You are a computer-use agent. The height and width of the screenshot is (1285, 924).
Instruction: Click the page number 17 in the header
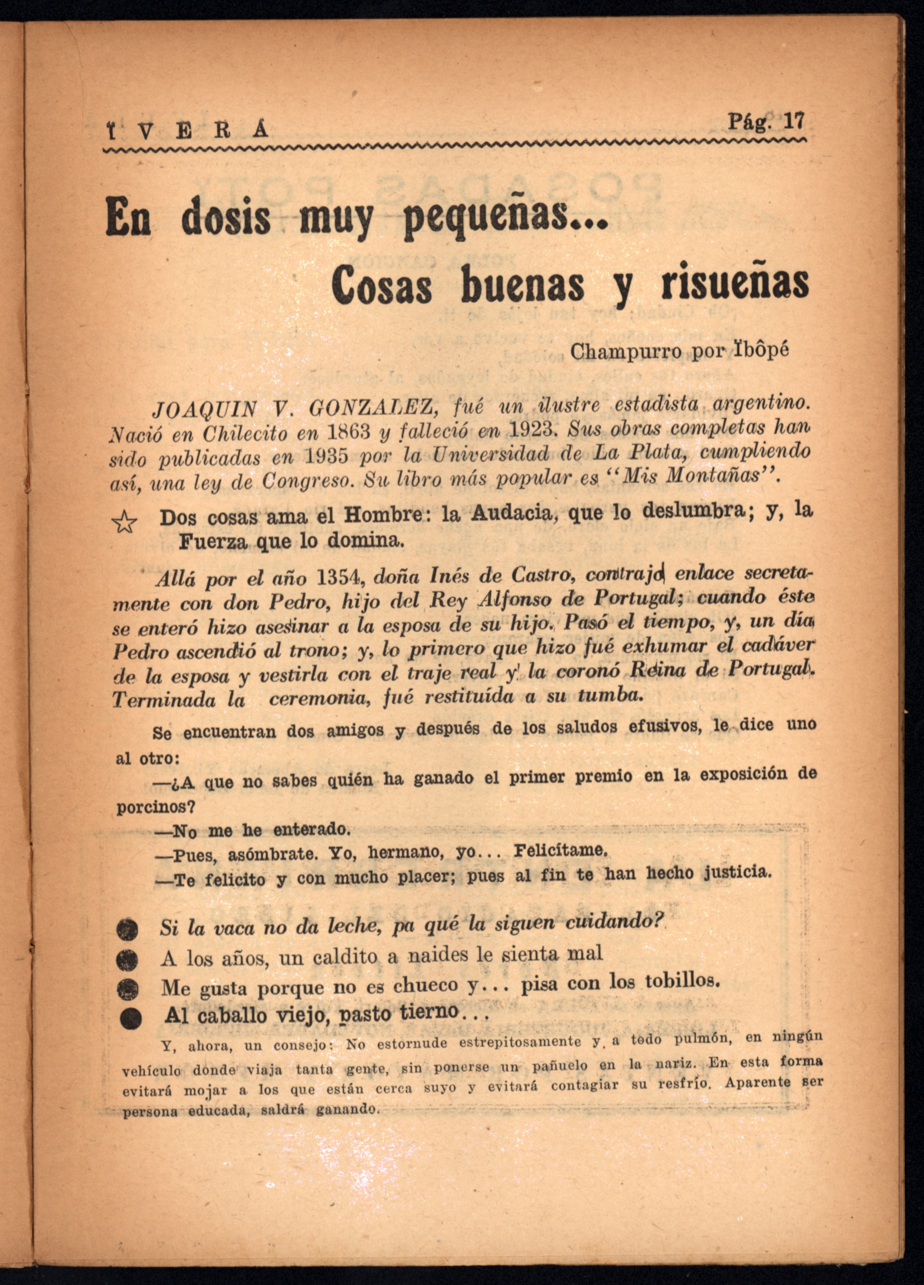pos(792,121)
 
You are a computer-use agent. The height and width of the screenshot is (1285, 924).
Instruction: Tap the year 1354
pos(339,578)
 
